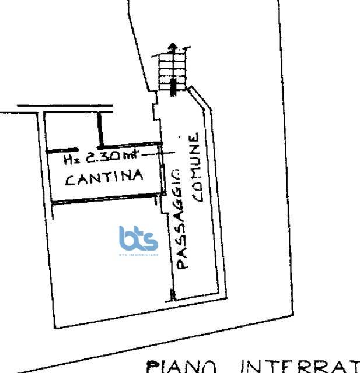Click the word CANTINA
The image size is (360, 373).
tap(104, 177)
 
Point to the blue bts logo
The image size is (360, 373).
tap(138, 239)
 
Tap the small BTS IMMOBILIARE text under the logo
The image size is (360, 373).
tap(138, 255)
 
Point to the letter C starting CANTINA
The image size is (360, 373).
tap(69, 180)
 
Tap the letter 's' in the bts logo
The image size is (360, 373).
tap(151, 240)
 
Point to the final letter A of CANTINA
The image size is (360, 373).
tap(138, 175)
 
